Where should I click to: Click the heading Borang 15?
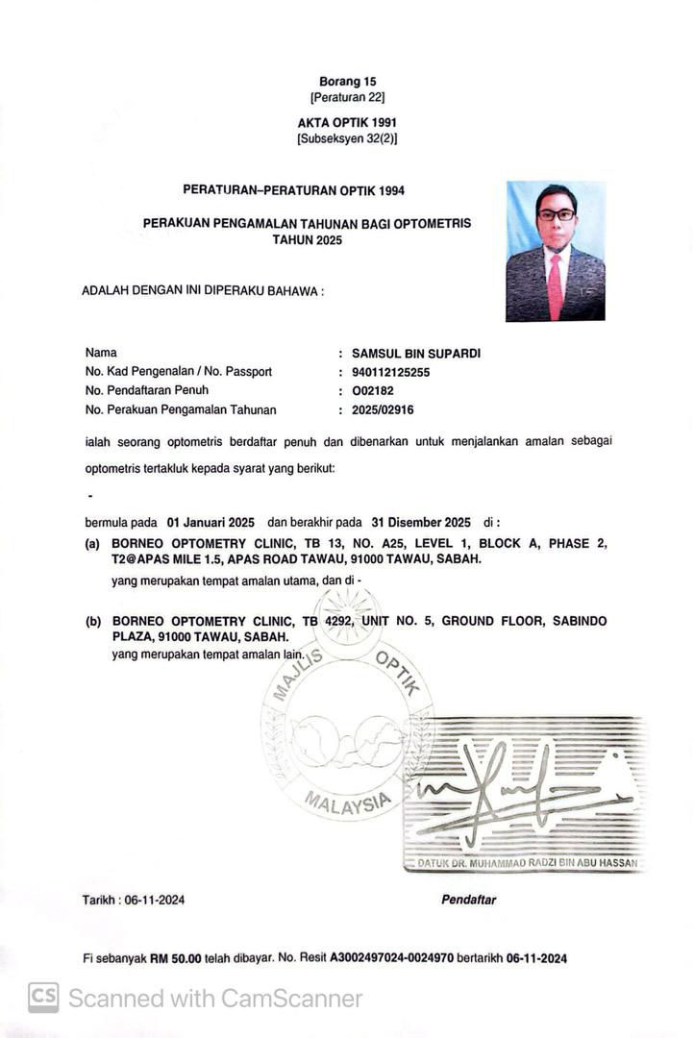[x=347, y=82]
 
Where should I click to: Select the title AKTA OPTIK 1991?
[x=347, y=122]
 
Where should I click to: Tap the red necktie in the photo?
[x=555, y=285]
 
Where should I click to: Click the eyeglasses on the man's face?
[x=556, y=214]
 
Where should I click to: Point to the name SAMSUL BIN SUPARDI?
[x=416, y=353]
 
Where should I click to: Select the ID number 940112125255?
[x=391, y=372]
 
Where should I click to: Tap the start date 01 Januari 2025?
[x=211, y=523]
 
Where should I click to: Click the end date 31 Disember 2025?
[x=423, y=523]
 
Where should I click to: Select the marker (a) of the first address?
[x=93, y=544]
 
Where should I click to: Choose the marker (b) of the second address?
[x=93, y=622]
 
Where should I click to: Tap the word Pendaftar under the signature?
[x=468, y=900]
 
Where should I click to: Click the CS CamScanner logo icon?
[x=42, y=998]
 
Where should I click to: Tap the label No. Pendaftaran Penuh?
[x=147, y=390]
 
